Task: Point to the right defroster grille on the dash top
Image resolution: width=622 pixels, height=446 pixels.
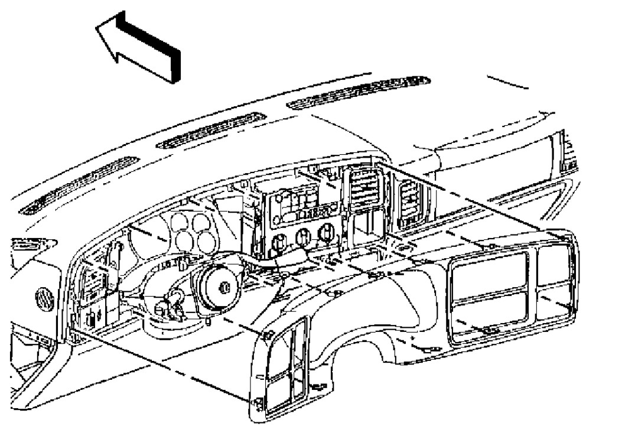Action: [x=358, y=92]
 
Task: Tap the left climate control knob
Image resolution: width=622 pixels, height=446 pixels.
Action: [x=278, y=241]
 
